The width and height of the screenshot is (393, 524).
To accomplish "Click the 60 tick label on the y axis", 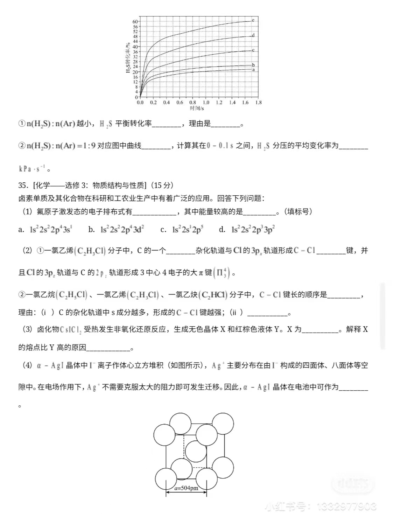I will point(135,22).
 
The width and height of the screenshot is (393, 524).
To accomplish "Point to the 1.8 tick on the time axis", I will point(258,103).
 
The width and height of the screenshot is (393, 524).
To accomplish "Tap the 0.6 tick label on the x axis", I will point(180,103).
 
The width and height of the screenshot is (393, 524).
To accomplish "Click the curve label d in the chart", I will point(253,35).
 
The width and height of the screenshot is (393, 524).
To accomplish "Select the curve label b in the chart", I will point(253,65).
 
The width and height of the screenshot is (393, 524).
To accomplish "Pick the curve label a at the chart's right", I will point(253,70).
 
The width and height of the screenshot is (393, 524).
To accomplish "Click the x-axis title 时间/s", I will point(197,109).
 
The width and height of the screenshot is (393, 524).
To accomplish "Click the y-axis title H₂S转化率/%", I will point(128,58).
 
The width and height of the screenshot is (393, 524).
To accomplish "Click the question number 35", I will point(23,185).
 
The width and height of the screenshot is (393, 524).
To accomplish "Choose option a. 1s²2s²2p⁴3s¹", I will point(45,230).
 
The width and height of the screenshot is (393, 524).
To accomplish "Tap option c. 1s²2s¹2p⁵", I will point(182,230).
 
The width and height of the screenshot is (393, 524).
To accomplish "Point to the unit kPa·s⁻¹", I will point(32,169).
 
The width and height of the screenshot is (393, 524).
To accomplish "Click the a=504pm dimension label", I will point(186,488).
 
